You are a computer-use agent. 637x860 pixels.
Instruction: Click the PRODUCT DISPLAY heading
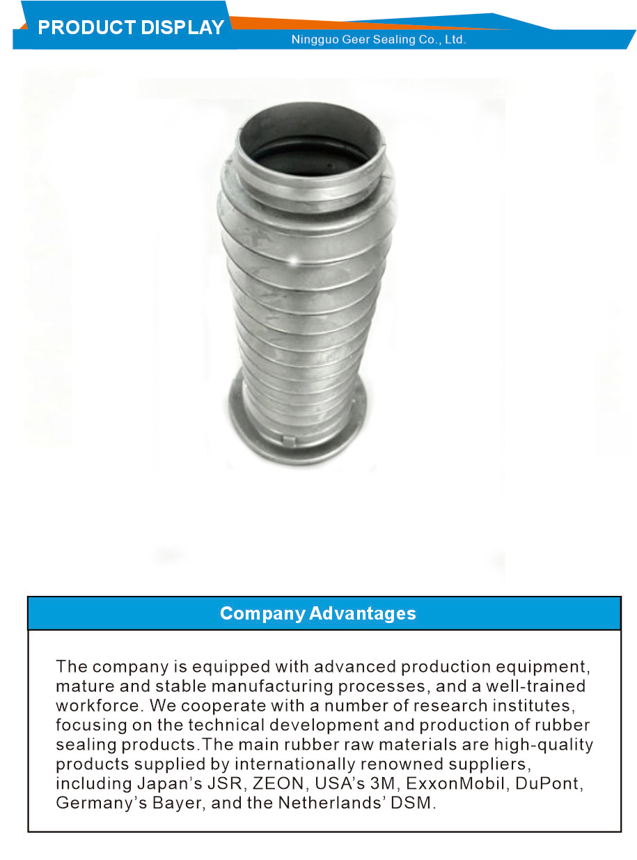(x=131, y=28)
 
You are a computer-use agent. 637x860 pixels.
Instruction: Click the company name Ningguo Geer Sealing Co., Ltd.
(x=378, y=40)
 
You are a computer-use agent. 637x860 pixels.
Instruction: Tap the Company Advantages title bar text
(x=318, y=613)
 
